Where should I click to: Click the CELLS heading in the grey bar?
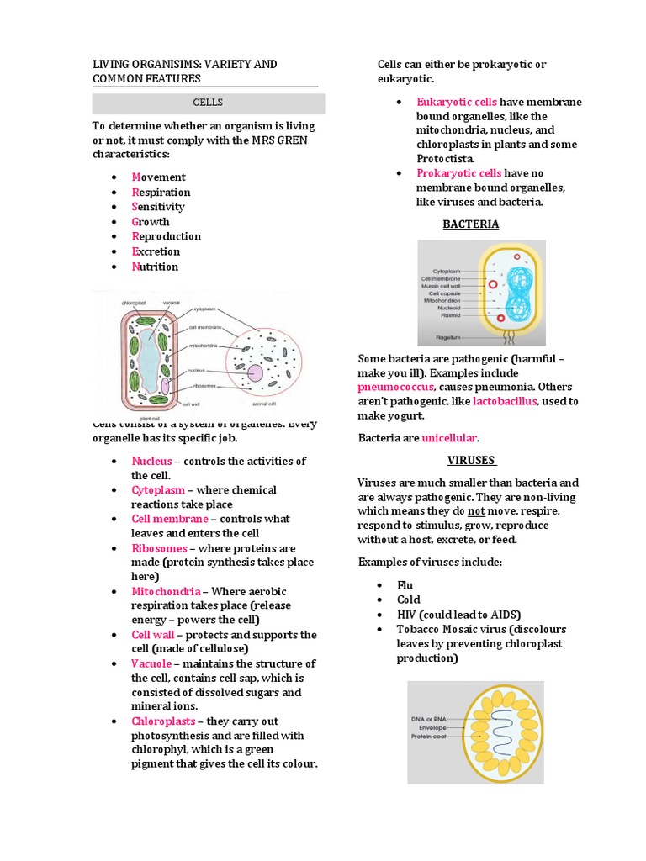pyautogui.click(x=208, y=103)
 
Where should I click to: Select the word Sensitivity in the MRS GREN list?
pyautogui.click(x=158, y=207)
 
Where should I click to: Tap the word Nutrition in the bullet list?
pyautogui.click(x=155, y=267)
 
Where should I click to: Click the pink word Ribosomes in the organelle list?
pyautogui.click(x=159, y=548)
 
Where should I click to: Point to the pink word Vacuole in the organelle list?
pyautogui.click(x=151, y=663)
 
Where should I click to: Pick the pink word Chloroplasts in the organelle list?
pyautogui.click(x=163, y=721)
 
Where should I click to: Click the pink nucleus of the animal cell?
pyautogui.click(x=255, y=372)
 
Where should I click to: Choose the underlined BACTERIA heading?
pyautogui.click(x=471, y=224)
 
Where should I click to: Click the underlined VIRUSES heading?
pyautogui.click(x=471, y=461)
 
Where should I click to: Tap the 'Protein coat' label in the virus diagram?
pyautogui.click(x=431, y=737)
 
